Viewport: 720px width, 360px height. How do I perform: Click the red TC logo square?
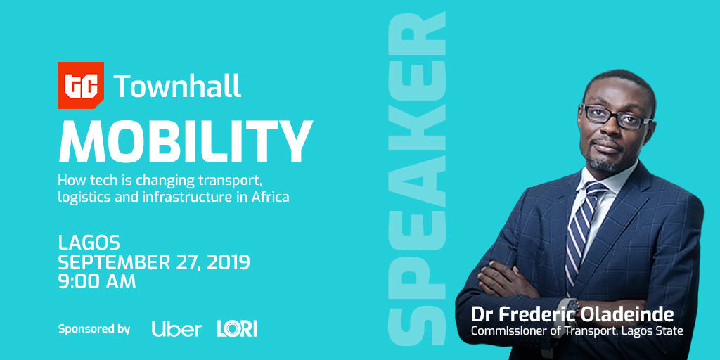pyautogui.click(x=81, y=85)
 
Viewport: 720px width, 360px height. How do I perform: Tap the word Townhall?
pyautogui.click(x=177, y=86)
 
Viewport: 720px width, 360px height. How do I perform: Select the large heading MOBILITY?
pyautogui.click(x=186, y=142)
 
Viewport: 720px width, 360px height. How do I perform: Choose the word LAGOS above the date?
pyautogui.click(x=89, y=242)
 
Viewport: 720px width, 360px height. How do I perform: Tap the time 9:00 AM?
pyautogui.click(x=97, y=281)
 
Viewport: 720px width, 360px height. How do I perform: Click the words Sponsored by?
pyautogui.click(x=94, y=329)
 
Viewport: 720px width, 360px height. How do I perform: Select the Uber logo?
pyautogui.click(x=176, y=329)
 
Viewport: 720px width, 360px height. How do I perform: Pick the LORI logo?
pyautogui.click(x=237, y=329)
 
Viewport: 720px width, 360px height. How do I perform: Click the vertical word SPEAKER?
pyautogui.click(x=417, y=178)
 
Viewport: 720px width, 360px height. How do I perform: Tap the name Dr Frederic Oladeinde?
pyautogui.click(x=572, y=315)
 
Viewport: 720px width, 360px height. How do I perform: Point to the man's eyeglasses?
pyautogui.click(x=616, y=117)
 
